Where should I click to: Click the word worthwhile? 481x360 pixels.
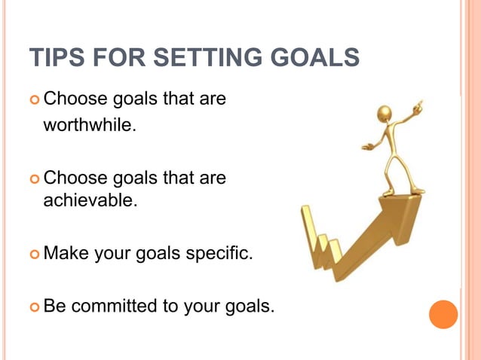90,124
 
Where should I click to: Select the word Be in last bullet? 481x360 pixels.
55,307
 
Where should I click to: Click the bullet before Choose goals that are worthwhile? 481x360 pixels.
34,99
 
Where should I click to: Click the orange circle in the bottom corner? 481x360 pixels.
443,314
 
